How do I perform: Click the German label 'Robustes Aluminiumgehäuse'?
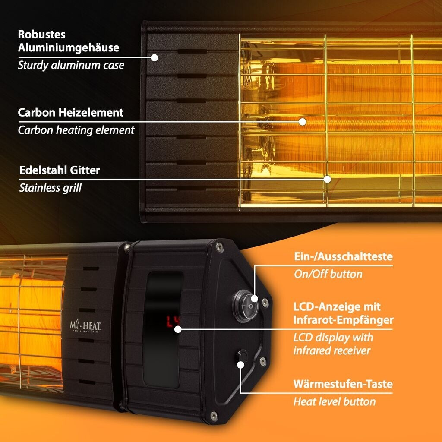coord(68,41)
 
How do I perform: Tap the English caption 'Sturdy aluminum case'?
coord(71,66)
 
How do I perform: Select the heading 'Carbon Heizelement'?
coord(71,113)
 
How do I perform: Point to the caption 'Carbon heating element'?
coord(76,130)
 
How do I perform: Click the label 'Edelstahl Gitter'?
coord(60,170)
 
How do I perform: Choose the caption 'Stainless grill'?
coord(50,188)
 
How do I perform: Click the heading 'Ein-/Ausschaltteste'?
coord(343,256)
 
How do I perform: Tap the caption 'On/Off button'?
coord(328,274)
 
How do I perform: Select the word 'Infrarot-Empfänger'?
coord(343,320)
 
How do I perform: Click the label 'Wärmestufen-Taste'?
coord(343,384)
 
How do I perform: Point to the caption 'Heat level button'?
coord(334,402)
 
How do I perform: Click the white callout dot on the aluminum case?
coord(155,57)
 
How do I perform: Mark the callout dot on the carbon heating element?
coord(303,122)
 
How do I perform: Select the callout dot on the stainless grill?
coord(327,179)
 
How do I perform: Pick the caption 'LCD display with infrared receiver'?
coord(333,344)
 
